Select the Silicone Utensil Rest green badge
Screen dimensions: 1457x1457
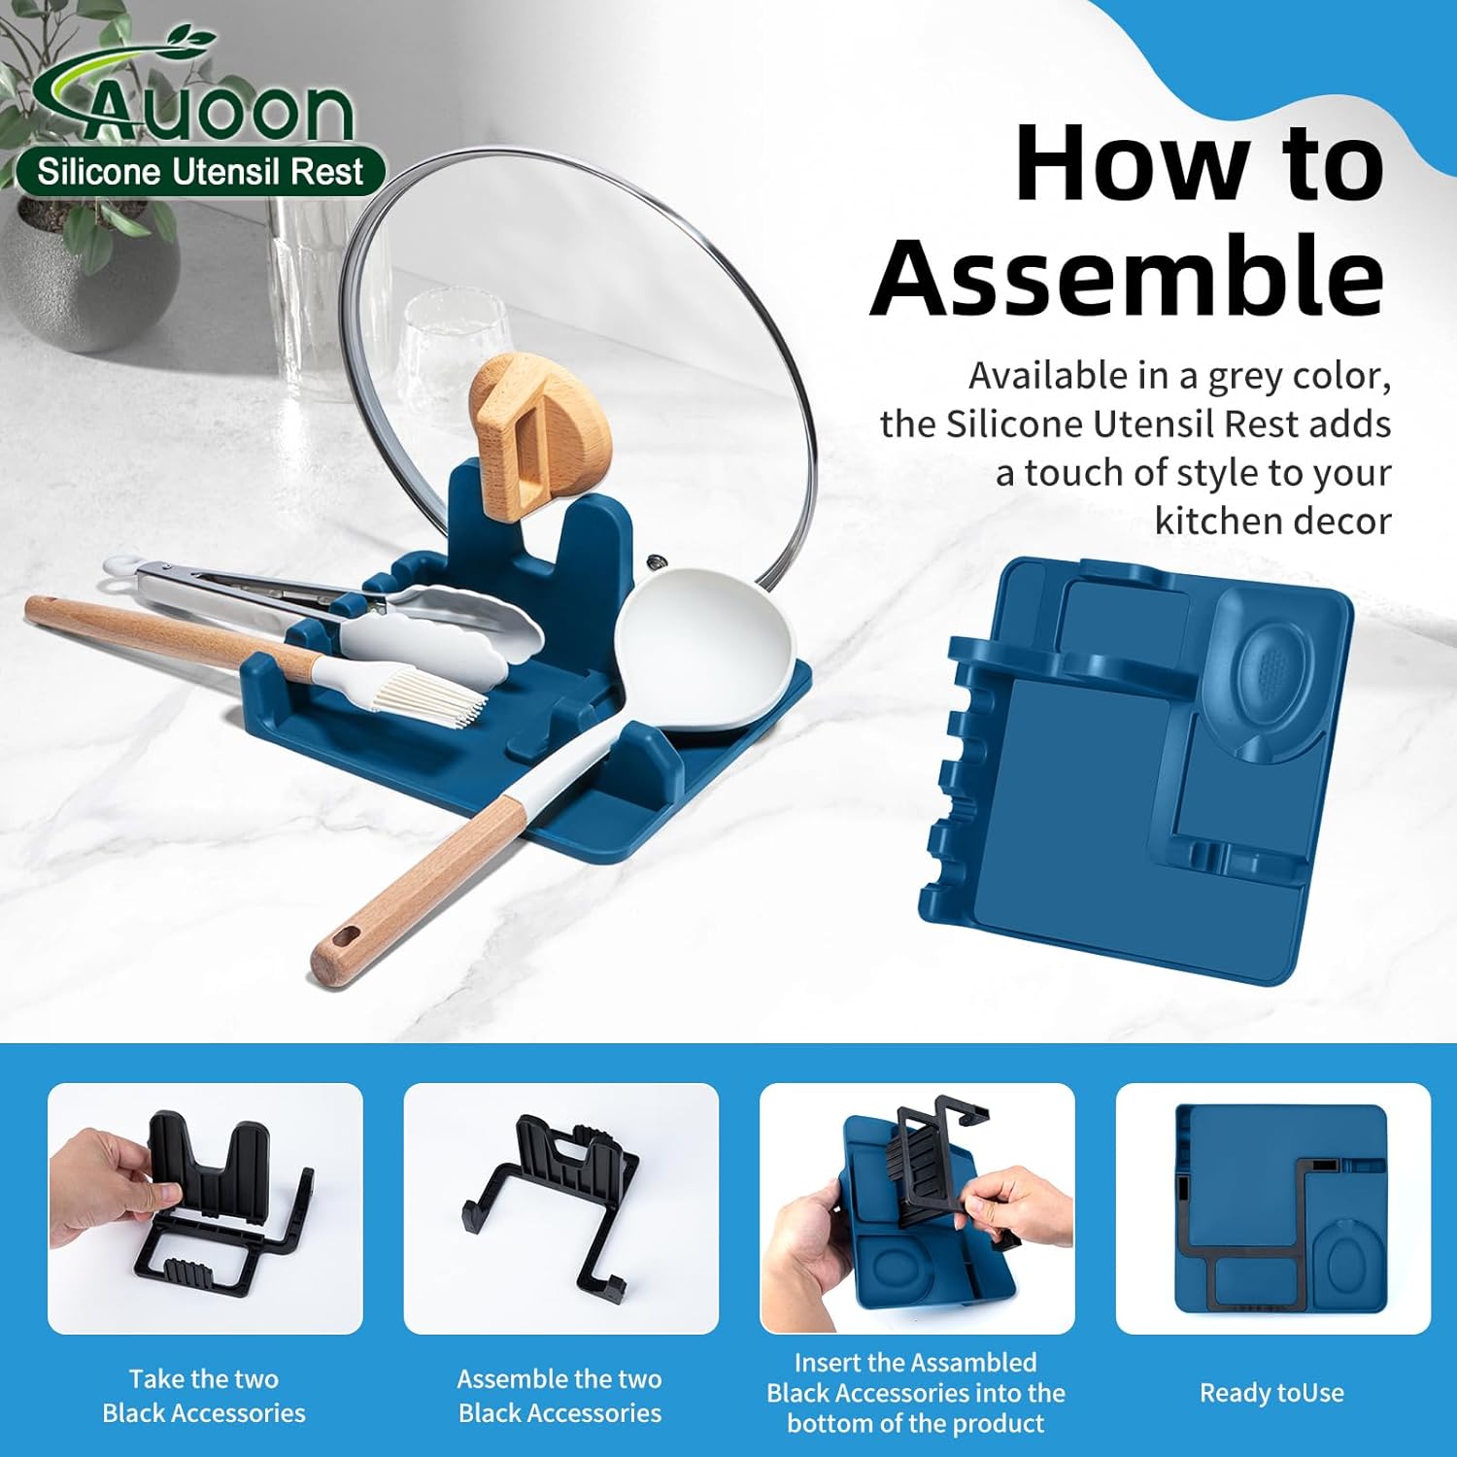click(201, 172)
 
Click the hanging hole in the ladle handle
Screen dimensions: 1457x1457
click(345, 938)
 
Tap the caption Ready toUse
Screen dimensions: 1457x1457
click(1271, 1393)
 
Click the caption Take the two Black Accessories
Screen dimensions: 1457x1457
click(204, 1396)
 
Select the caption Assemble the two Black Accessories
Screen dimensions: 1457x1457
click(559, 1396)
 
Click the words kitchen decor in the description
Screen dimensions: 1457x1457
click(1272, 522)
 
